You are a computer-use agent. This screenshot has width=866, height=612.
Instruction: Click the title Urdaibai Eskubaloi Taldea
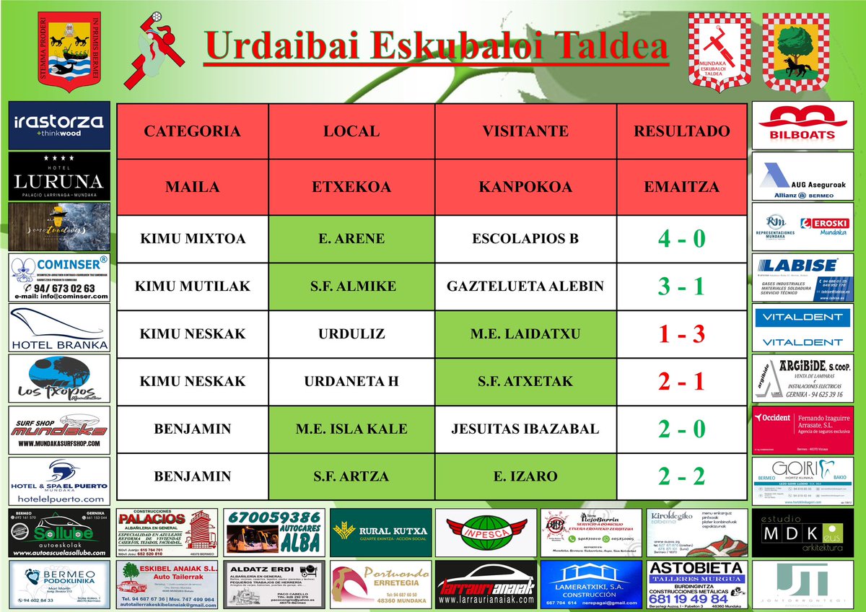[435, 46]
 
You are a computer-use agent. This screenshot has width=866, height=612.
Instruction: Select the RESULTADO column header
[681, 131]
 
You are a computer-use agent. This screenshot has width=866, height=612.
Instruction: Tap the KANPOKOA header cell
[525, 187]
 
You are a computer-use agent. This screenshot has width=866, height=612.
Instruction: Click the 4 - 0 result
[681, 239]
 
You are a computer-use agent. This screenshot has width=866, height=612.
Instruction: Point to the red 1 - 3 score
[681, 334]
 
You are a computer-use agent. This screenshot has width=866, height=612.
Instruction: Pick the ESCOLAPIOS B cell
[525, 239]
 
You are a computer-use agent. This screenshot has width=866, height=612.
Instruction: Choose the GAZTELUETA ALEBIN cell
[525, 287]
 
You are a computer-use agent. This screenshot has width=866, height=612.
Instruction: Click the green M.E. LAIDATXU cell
[525, 334]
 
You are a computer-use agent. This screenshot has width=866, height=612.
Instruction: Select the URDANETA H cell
[351, 381]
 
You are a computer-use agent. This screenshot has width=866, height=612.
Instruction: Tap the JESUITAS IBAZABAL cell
[525, 429]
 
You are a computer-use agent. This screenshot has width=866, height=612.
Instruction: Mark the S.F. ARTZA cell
[351, 476]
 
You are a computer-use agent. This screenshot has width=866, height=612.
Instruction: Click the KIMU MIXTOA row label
[192, 239]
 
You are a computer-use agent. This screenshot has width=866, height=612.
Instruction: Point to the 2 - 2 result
[681, 476]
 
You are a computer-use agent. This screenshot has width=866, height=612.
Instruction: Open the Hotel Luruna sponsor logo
[59, 176]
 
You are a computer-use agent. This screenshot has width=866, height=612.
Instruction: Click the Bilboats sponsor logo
[802, 126]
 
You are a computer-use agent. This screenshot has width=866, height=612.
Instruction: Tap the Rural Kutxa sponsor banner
[380, 533]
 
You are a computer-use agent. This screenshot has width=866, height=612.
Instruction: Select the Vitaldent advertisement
[802, 328]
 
